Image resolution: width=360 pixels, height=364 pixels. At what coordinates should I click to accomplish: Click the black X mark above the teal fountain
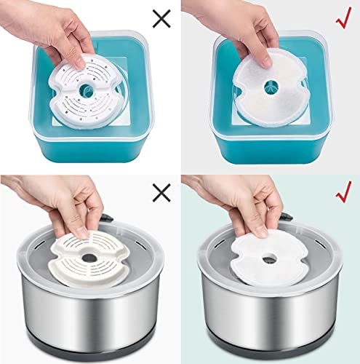pos(161,17)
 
